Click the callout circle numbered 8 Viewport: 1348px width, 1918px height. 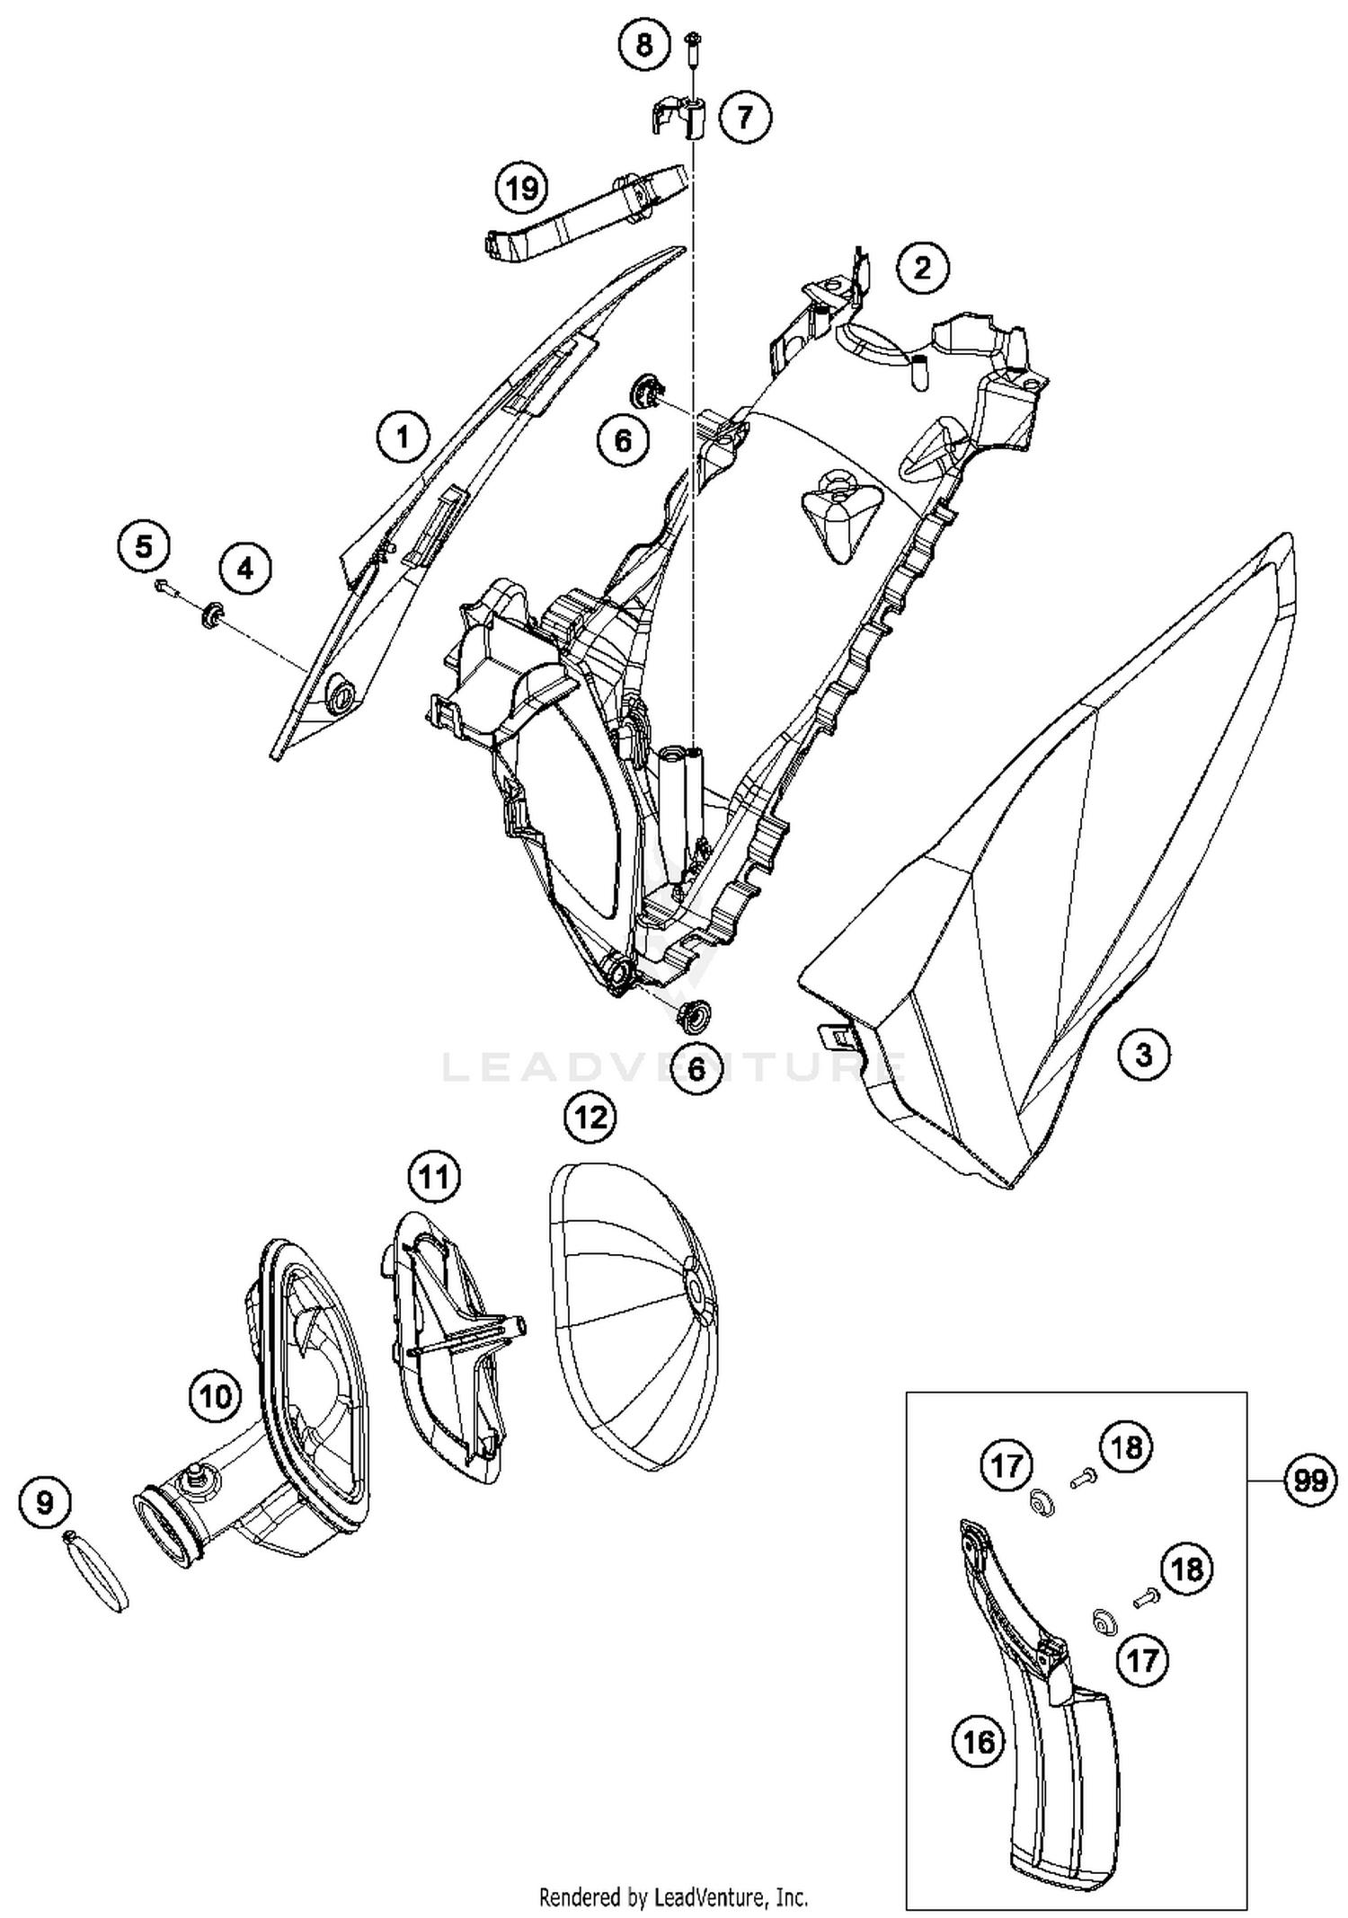pyautogui.click(x=644, y=43)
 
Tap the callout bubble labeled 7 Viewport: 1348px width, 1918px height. pyautogui.click(x=744, y=116)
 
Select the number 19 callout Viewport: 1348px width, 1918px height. pyautogui.click(x=522, y=189)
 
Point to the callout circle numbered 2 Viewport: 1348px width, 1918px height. pyautogui.click(x=922, y=268)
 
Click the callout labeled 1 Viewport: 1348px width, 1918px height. pyautogui.click(x=403, y=437)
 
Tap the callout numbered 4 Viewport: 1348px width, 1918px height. pyautogui.click(x=244, y=568)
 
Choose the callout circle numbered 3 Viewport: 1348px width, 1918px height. pyautogui.click(x=1143, y=1054)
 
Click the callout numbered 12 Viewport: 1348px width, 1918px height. pyautogui.click(x=590, y=1117)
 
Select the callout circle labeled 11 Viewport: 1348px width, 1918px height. pyautogui.click(x=434, y=1176)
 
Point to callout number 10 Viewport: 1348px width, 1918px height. pyautogui.click(x=216, y=1396)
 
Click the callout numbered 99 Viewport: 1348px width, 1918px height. pyautogui.click(x=1310, y=1479)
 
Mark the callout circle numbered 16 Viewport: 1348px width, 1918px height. pyautogui.click(x=979, y=1743)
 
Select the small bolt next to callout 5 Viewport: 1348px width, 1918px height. pyautogui.click(x=164, y=588)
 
